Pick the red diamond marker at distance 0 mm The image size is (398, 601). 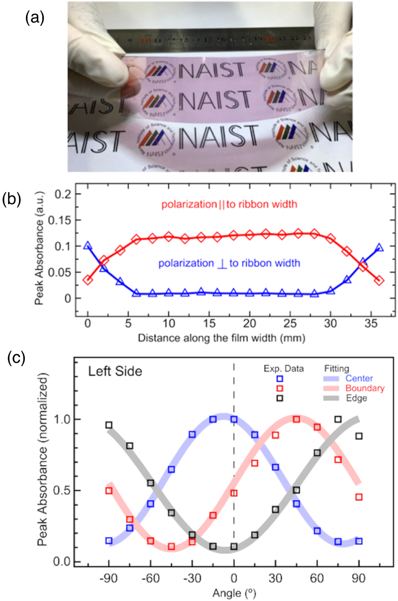point(88,280)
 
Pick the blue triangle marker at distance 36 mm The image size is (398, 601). point(379,247)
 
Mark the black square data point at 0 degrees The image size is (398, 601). point(234,546)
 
